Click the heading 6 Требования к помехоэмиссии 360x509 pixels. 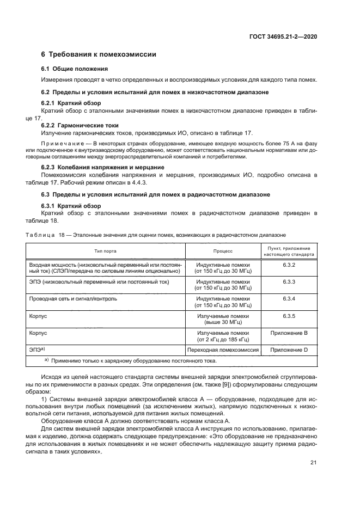coord(99,54)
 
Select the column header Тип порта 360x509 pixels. coord(105,252)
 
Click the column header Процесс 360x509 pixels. coord(223,252)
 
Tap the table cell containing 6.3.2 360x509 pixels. coord(289,265)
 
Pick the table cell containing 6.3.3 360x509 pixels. coord(289,282)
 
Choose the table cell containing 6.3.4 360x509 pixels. coord(289,299)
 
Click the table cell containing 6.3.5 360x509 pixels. coord(289,316)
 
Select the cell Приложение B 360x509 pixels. coord(289,333)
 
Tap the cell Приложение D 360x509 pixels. coord(289,349)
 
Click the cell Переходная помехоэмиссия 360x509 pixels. coord(223,349)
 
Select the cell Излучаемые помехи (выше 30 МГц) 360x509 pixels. coord(223,319)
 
